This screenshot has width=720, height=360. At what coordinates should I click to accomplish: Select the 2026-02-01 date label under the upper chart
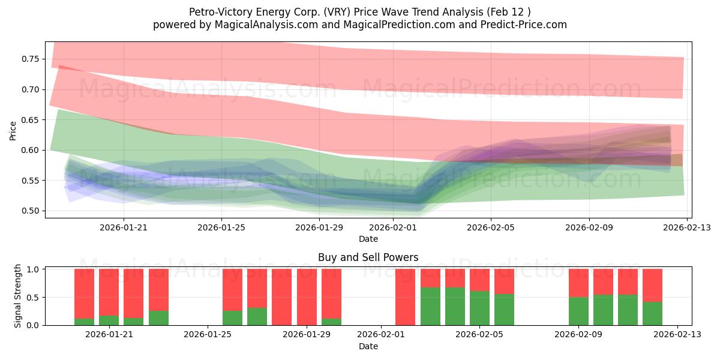pyautogui.click(x=392, y=227)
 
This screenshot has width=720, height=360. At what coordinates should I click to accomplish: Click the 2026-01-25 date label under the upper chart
pyautogui.click(x=221, y=227)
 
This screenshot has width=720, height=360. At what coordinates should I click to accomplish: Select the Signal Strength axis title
pyautogui.click(x=18, y=296)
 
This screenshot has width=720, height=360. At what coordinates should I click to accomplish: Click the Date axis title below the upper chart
pyautogui.click(x=368, y=239)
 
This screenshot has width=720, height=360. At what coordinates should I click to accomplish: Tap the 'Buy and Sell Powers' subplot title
pyautogui.click(x=368, y=257)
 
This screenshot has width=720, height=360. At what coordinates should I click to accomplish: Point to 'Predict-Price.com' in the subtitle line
pyautogui.click(x=520, y=25)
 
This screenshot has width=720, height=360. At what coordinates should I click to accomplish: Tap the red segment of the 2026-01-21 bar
pyautogui.click(x=109, y=292)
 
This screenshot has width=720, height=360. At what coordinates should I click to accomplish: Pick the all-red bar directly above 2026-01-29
pyautogui.click(x=307, y=297)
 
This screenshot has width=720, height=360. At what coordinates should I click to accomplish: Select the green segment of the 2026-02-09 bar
pyautogui.click(x=578, y=311)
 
